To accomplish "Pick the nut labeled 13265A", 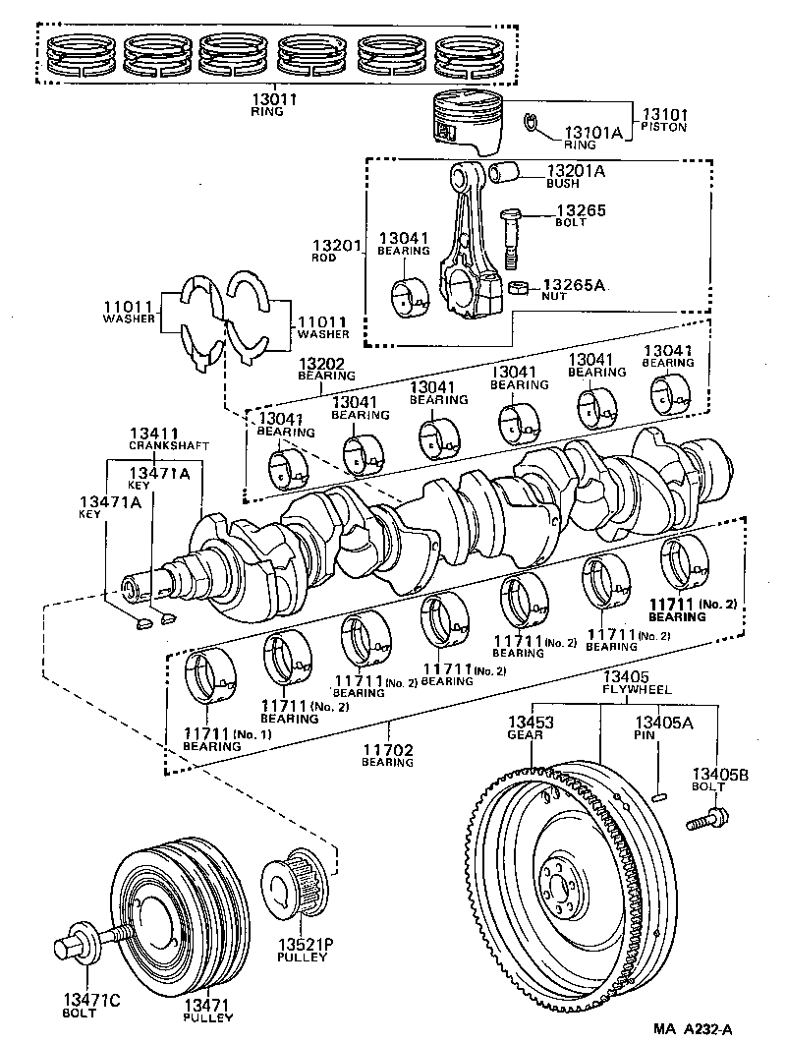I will point(520,287).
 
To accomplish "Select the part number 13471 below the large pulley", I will point(207,1003).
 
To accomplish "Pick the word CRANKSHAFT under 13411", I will point(169,445).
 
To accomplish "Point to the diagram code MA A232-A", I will point(694,1029).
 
